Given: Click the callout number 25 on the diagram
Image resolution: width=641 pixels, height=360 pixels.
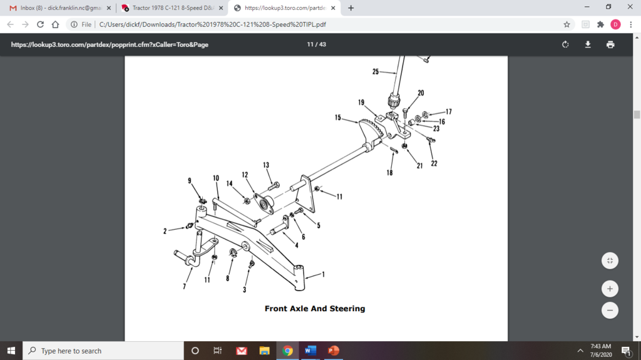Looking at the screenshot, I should pos(376,72).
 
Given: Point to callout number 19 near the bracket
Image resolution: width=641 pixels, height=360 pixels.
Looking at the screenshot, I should pos(362,102).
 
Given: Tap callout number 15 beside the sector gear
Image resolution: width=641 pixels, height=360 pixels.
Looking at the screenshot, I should pos(338,117).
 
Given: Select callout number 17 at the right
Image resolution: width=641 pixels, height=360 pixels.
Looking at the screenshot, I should pos(448,112).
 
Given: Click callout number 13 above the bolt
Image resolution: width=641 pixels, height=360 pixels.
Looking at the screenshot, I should pos(266,165).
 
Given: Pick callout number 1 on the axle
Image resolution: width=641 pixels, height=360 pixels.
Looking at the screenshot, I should pos(324,274).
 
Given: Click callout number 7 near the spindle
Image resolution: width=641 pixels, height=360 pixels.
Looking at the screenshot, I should pos(184,286).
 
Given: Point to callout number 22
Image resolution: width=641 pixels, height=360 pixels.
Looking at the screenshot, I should pos(434,164).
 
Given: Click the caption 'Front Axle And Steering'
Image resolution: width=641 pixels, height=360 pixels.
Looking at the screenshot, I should pos(314,309).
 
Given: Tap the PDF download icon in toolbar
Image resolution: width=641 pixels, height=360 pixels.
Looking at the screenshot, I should pos(588,44).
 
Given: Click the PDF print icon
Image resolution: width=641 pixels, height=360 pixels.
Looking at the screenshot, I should pos(610,44).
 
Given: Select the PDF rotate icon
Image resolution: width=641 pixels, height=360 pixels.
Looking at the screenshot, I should pos(565,44).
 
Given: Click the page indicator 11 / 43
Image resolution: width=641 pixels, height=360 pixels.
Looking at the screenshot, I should pos(316,44).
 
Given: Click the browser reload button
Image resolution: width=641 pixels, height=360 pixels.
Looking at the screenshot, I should pos(41,24).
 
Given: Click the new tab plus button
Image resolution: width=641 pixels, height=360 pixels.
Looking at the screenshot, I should pos(351,8).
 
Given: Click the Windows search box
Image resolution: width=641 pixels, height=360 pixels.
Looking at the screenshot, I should pos(103,351).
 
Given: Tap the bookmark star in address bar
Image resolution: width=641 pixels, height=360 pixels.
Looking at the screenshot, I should pos(567,24).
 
